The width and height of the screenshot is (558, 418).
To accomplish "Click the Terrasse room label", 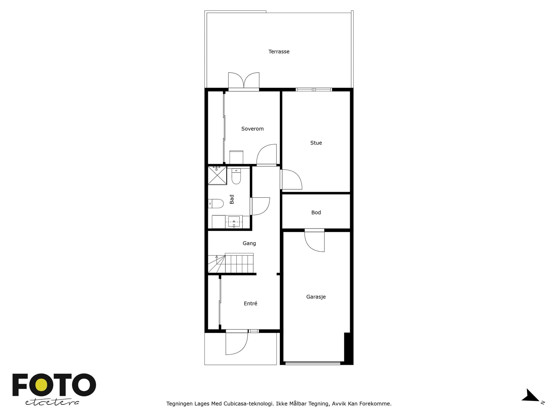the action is pyautogui.click(x=279, y=51).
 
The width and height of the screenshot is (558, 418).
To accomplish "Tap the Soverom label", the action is pyautogui.click(x=252, y=129).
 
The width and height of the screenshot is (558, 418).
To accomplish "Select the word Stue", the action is pyautogui.click(x=316, y=143).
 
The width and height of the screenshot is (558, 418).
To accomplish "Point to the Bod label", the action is pyautogui.click(x=316, y=213).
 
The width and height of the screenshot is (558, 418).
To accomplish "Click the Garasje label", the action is pyautogui.click(x=316, y=297).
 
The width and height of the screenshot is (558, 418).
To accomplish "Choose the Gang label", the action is pyautogui.click(x=249, y=243).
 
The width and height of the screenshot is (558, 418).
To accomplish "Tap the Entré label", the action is pyautogui.click(x=250, y=303).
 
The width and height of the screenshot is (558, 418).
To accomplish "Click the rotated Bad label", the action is pyautogui.click(x=232, y=199).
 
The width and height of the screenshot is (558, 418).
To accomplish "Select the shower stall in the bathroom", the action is pyautogui.click(x=217, y=176).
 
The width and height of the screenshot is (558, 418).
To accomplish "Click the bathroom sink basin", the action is pyautogui.click(x=234, y=222).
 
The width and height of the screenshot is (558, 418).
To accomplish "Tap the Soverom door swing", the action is pyautogui.click(x=267, y=155).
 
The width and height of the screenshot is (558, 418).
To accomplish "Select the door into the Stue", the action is pyautogui.click(x=291, y=179).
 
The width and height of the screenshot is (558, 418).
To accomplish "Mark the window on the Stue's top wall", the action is pyautogui.click(x=314, y=90).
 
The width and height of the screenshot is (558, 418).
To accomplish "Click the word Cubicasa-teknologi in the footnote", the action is pyautogui.click(x=249, y=404).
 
